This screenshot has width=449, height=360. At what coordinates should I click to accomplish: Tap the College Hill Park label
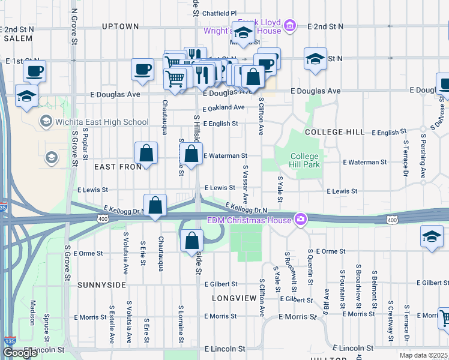click(305, 160)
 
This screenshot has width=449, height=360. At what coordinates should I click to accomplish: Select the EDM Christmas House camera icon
click(299, 219)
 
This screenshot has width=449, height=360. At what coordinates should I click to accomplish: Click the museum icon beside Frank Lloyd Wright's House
click(290, 26)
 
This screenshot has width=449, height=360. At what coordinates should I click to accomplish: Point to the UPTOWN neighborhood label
click(120, 26)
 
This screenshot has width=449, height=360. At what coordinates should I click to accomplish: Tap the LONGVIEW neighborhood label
click(234, 297)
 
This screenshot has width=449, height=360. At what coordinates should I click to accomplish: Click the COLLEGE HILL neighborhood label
click(334, 132)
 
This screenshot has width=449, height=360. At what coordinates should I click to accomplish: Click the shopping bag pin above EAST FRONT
click(146, 154)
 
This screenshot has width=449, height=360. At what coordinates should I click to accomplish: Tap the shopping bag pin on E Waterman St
click(191, 154)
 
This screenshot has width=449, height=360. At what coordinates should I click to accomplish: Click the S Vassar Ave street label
click(245, 185)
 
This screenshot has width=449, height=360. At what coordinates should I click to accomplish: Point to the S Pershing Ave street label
click(423, 160)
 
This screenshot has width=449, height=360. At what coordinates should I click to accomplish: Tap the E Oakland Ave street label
click(223, 108)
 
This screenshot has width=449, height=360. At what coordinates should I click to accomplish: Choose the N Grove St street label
click(73, 27)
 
